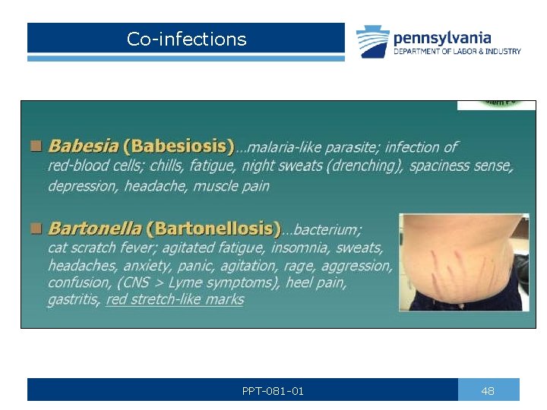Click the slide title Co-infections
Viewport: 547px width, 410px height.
[x=186, y=39]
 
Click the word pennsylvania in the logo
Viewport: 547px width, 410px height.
[x=441, y=37]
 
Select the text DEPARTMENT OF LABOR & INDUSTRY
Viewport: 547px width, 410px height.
[x=457, y=52]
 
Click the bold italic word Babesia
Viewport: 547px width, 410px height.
[x=82, y=146]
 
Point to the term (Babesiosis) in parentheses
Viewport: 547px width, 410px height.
[x=179, y=146]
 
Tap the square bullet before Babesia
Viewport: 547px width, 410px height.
[x=36, y=145]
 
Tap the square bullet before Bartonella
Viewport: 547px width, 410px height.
[x=36, y=228]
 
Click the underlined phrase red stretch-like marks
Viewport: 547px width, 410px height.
[x=175, y=299]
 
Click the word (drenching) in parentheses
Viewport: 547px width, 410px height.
[x=366, y=166]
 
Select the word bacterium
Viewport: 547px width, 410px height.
[x=327, y=229]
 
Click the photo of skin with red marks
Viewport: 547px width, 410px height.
[x=464, y=263]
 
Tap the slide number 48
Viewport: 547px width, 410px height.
[x=488, y=391]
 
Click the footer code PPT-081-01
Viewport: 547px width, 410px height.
[x=273, y=391]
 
